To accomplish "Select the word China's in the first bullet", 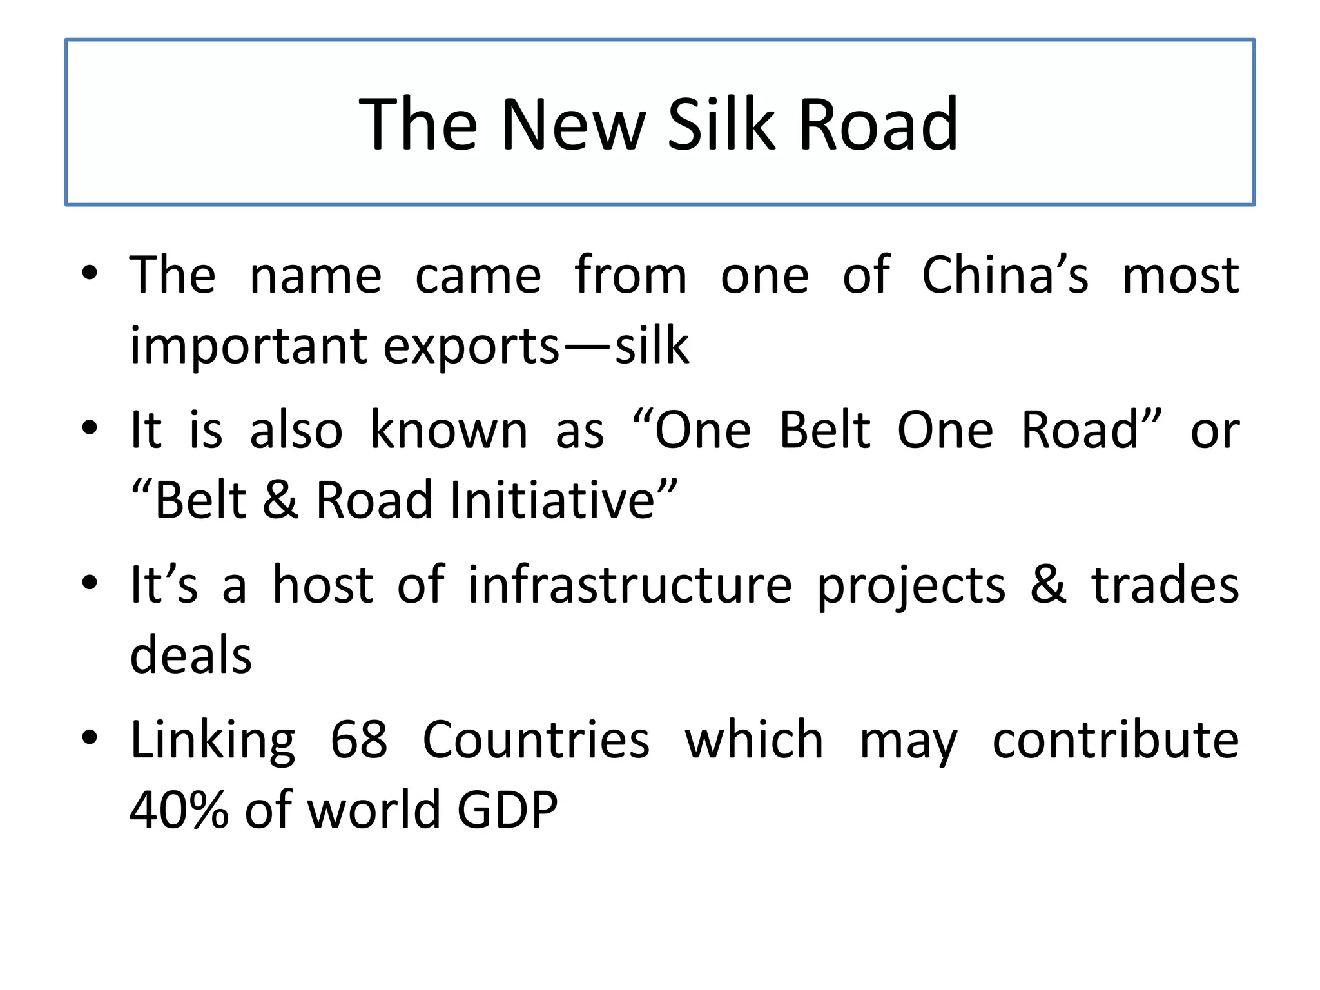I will click(x=1005, y=275).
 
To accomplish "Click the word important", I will click(x=247, y=346).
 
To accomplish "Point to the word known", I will click(x=449, y=430).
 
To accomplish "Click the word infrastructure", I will click(x=630, y=585).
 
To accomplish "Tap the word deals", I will click(x=191, y=655).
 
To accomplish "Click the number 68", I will click(x=359, y=739).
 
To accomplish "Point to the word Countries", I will click(x=536, y=739).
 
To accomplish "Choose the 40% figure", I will click(x=179, y=810).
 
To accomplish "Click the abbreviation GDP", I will click(x=507, y=810).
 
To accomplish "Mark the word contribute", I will click(x=1115, y=739).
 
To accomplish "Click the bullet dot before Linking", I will click(x=90, y=737).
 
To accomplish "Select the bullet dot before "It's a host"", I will click(x=90, y=582).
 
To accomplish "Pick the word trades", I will click(x=1165, y=585).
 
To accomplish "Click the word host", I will click(x=322, y=585).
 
